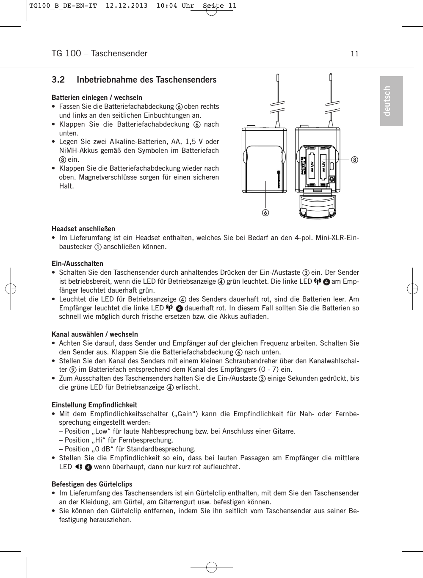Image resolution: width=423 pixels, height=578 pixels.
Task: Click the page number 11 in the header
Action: [354, 54]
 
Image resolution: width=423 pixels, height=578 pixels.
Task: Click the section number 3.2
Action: [58, 80]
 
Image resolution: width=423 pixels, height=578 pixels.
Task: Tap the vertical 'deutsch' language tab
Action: [391, 101]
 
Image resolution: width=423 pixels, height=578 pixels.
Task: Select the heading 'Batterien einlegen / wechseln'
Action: [97, 97]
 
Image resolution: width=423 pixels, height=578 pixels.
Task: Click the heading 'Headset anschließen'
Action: [83, 229]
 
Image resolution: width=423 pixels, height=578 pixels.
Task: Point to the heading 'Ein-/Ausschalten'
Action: [77, 263]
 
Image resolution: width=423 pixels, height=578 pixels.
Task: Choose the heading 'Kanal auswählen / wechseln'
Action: [94, 334]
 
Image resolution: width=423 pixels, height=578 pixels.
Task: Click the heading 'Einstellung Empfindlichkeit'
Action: [94, 405]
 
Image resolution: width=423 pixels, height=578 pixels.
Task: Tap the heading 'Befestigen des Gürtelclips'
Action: [92, 484]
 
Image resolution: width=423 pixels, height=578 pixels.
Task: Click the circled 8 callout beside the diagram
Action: [354, 160]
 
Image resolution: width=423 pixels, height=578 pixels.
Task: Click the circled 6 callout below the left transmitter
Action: [266, 211]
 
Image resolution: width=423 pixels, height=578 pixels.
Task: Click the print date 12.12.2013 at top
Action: [127, 6]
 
